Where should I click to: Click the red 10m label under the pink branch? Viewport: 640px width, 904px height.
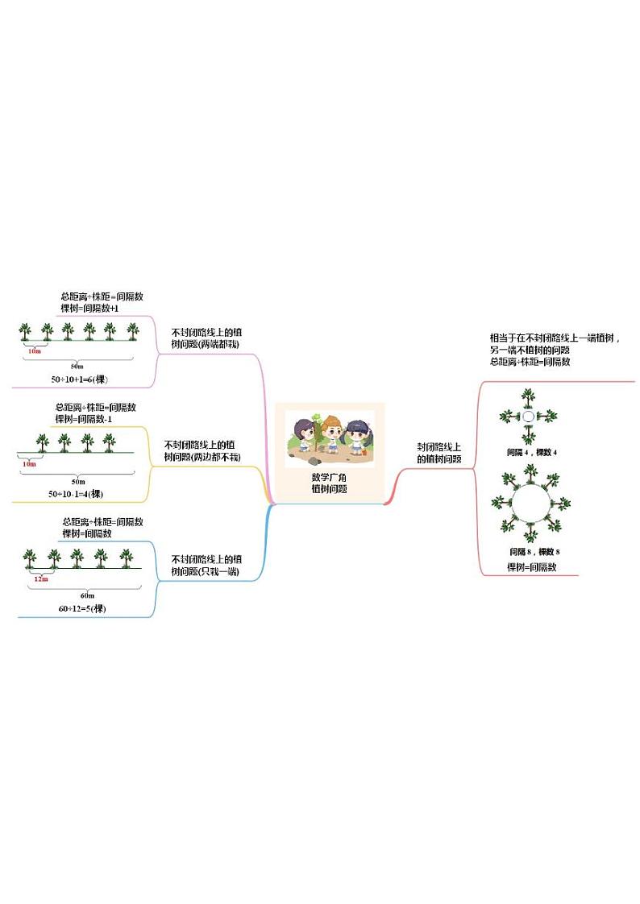34,351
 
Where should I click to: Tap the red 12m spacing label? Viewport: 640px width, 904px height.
40,578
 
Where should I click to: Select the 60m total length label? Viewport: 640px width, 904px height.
87,595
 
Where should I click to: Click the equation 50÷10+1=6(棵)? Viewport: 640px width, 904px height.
83,378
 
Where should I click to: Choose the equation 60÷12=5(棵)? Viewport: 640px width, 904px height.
82,608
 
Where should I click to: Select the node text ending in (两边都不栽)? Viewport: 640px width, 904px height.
202,450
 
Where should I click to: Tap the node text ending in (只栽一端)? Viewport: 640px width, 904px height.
206,566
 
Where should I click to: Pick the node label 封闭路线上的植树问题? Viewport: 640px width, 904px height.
439,453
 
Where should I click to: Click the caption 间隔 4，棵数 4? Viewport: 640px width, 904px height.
532,452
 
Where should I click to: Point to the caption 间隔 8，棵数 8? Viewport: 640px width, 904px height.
534,551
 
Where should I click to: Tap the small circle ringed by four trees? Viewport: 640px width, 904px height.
528,417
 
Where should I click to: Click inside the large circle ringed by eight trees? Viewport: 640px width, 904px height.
531,504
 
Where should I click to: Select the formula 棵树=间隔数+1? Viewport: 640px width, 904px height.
89,308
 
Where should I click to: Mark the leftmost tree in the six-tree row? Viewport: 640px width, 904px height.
26,330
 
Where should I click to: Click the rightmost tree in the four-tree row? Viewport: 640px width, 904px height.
109,442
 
